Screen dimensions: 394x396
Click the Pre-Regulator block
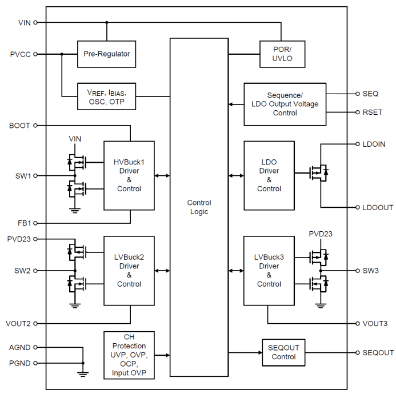pos(106,54)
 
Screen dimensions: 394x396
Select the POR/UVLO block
pos(281,54)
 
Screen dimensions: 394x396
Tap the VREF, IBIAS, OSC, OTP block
pos(106,97)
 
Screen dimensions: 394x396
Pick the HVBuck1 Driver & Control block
pos(129,175)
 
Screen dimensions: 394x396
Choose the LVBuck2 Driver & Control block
pos(129,271)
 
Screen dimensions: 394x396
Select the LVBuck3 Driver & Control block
pos(269,271)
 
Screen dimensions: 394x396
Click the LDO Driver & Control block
pos(269,175)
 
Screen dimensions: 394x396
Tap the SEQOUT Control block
pos(283,352)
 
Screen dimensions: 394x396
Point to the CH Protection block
pos(129,355)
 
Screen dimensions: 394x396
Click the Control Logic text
pos(199,207)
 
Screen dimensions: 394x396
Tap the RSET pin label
pos(372,112)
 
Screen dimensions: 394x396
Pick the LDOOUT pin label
pos(378,207)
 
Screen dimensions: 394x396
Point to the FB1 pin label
pos(23,223)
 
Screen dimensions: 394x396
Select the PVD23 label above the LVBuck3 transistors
pos(321,234)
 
